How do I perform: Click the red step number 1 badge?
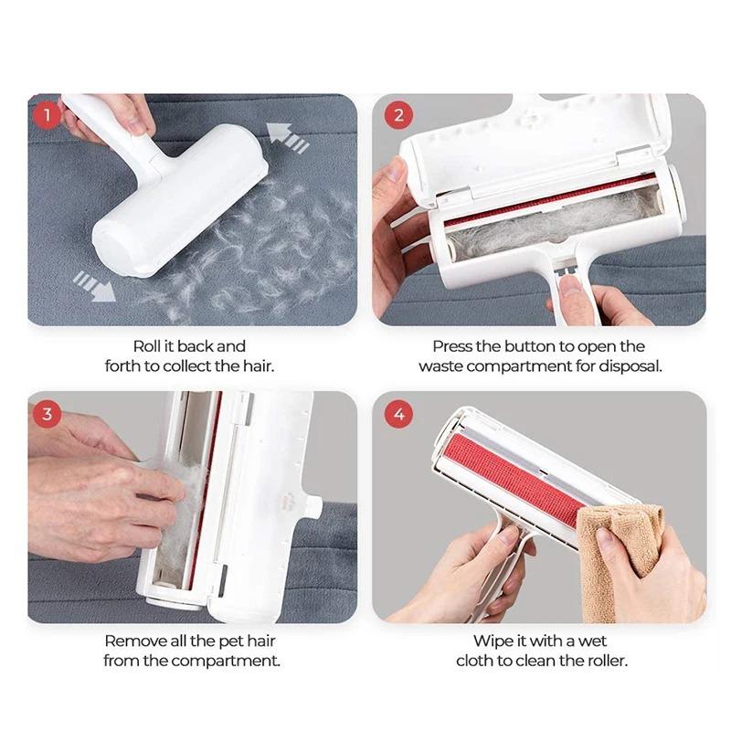[47, 115]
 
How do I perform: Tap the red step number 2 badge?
[397, 115]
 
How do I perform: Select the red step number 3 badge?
[47, 413]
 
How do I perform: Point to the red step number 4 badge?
[397, 413]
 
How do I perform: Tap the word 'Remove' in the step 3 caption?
[132, 641]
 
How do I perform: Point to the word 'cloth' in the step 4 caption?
[476, 661]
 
